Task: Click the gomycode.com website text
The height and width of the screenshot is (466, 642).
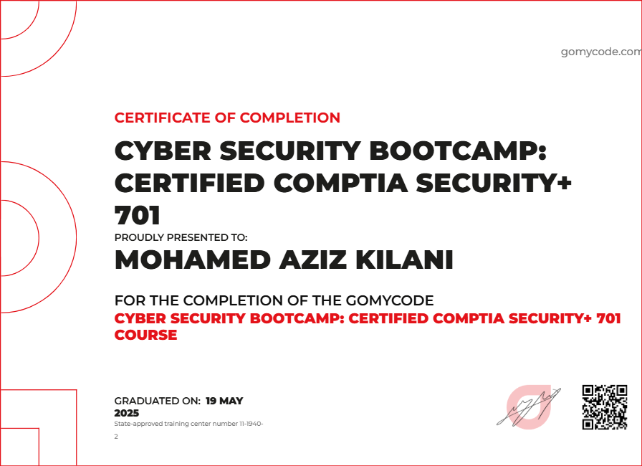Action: pos(600,52)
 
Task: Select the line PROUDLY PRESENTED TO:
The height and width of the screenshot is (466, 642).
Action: pos(181,237)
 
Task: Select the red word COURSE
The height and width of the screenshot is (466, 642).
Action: pos(145,335)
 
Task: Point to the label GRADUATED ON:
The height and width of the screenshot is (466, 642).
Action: pos(157,401)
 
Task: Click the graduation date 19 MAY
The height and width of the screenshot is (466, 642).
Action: pos(224,401)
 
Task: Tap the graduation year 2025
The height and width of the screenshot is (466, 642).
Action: pos(127,413)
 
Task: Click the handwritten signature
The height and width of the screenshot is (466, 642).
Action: pos(528,406)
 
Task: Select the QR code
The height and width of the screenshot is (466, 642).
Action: pos(605,406)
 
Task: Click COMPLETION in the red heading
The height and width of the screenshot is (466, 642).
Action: pos(290,118)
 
